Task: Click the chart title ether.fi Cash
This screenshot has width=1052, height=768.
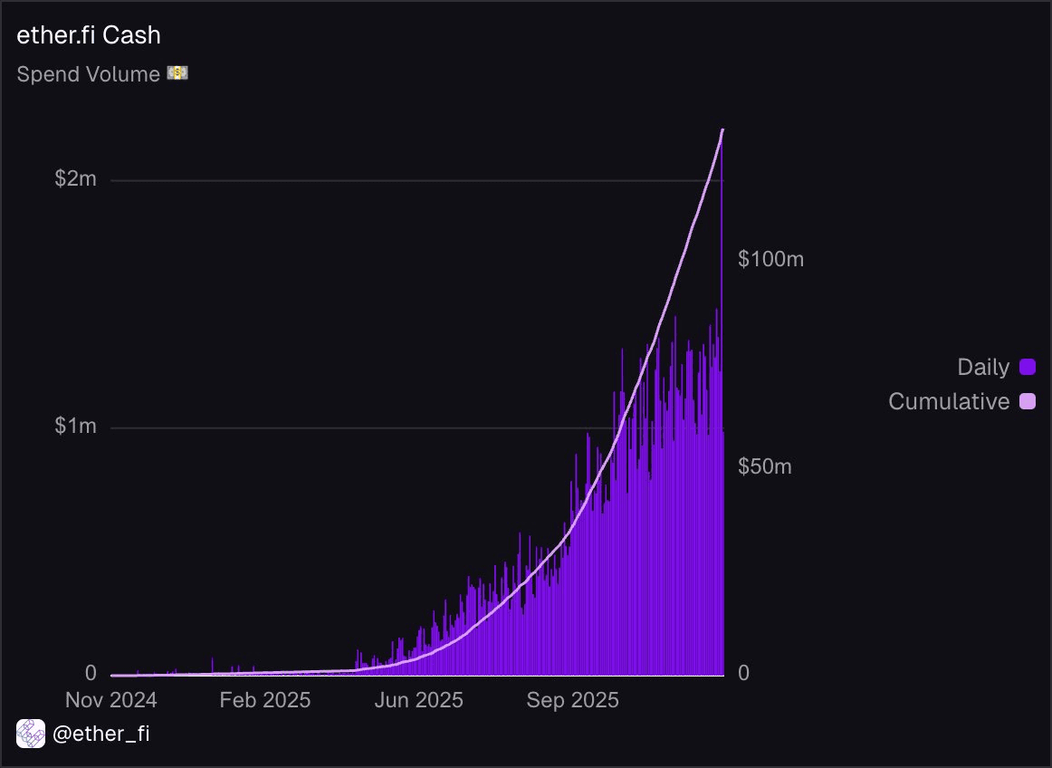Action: [x=89, y=36]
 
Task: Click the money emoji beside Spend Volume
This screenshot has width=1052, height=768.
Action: [x=177, y=73]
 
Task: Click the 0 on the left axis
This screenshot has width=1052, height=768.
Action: [x=91, y=673]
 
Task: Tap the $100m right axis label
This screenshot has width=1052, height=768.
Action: [x=770, y=259]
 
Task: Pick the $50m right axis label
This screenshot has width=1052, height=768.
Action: [x=765, y=466]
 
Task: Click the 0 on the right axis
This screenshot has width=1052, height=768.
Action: [x=743, y=673]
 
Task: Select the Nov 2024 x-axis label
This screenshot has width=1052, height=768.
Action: [x=111, y=700]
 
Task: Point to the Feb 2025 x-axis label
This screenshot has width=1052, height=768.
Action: [x=265, y=700]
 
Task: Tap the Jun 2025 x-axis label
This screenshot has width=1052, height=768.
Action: [x=419, y=700]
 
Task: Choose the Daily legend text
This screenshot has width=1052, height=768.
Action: [x=983, y=367]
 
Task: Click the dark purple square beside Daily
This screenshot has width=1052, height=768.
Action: [x=1028, y=367]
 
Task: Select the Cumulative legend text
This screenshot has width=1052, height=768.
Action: [x=949, y=401]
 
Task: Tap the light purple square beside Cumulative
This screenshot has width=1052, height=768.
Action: [x=1028, y=401]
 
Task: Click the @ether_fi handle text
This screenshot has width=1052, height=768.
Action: [x=101, y=734]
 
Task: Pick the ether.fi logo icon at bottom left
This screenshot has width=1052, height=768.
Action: [x=31, y=734]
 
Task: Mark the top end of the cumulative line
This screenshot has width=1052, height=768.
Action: [x=722, y=130]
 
